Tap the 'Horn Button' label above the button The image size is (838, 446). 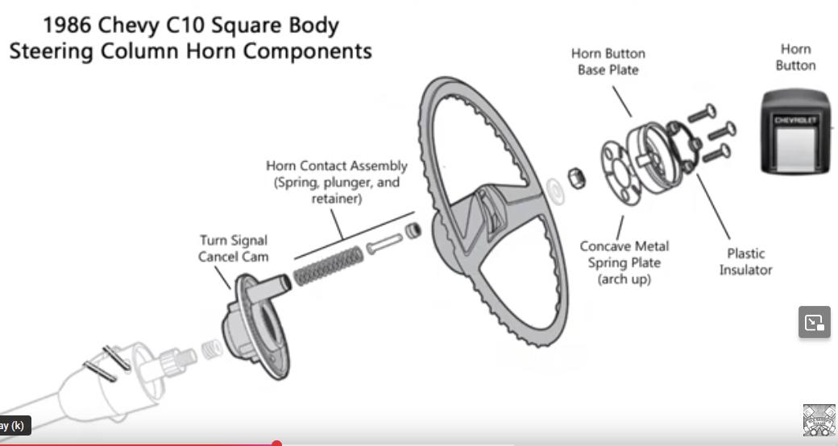tap(795, 57)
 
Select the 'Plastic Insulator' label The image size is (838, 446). tap(745, 262)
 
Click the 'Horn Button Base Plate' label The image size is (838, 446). tap(608, 61)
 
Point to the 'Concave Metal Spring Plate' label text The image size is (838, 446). tap(624, 262)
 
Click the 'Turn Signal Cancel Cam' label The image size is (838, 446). tap(234, 248)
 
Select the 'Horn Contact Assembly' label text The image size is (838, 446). tap(337, 181)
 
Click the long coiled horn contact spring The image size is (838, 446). tap(326, 264)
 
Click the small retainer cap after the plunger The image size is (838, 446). tap(413, 231)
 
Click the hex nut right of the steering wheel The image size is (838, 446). tap(576, 177)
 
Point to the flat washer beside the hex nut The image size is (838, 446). tap(554, 190)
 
